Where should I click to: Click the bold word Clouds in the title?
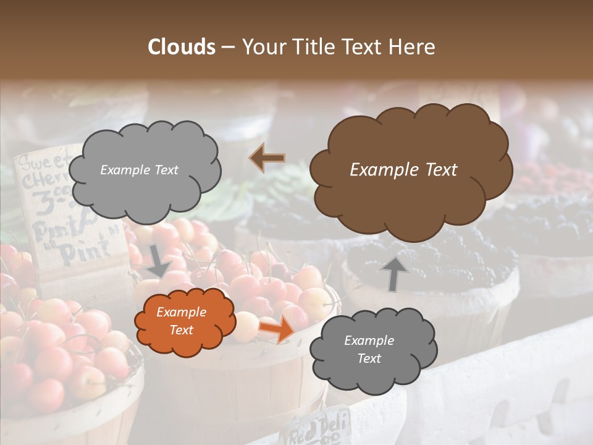coord(182,46)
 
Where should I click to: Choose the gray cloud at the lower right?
coord(373,350)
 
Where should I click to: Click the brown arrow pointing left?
coord(267,158)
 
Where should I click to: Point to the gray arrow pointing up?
coord(393,273)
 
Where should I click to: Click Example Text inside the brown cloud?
coord(403,170)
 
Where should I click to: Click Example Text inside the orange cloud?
coord(181,321)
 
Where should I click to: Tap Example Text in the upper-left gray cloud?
coord(139,170)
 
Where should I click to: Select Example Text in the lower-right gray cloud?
coord(369,349)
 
